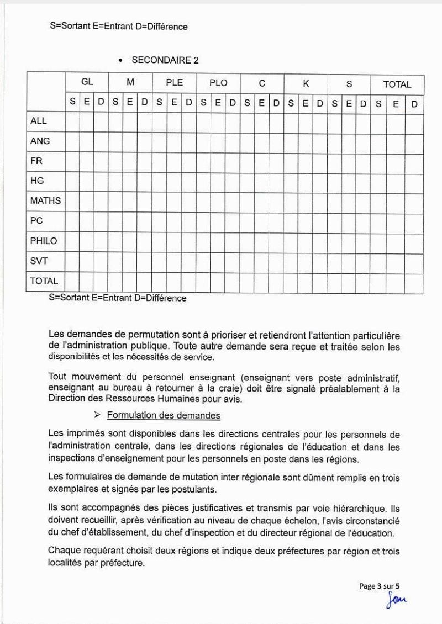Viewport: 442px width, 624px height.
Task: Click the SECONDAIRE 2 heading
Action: pos(165,61)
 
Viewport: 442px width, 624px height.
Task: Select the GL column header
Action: pos(87,82)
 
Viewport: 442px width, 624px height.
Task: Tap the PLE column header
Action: pos(175,83)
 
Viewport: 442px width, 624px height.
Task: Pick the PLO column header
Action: pos(218,83)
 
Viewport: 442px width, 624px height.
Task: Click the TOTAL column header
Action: pos(397,84)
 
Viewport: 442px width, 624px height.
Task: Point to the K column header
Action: pos(306,83)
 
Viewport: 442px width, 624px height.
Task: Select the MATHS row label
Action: pos(45,200)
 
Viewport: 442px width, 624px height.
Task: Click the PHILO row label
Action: pos(44,241)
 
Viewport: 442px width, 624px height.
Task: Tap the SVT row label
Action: pos(39,261)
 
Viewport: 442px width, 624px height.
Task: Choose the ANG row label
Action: pos(40,141)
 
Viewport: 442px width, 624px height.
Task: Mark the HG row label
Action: pos(38,181)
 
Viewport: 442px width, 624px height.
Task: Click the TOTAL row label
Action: pos(44,281)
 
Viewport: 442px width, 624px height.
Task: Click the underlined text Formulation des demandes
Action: pos(164,415)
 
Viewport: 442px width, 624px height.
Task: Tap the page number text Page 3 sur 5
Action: pos(383,586)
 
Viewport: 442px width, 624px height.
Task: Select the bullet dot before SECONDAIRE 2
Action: pos(120,61)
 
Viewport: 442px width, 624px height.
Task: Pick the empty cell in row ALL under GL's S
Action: pos(73,121)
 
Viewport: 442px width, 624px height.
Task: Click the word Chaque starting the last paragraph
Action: pos(64,550)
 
